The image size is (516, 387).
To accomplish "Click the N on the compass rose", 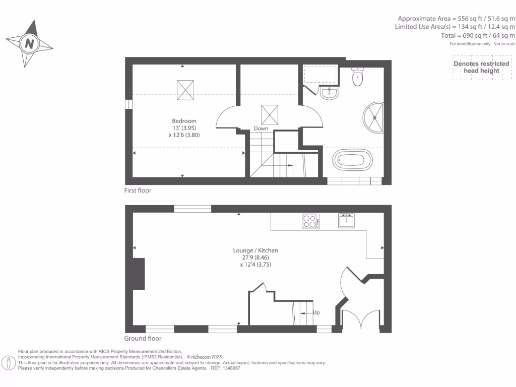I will tap(29, 44).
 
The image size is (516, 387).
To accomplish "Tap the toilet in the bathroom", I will tap(358, 77).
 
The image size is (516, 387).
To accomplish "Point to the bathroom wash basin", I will tap(329, 93).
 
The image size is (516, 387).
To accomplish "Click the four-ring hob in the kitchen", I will tap(311, 222).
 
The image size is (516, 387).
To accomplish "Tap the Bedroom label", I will tap(184, 121).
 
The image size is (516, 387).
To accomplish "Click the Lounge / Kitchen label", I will tap(255, 250).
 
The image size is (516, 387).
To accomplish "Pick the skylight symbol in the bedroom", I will tap(185, 90).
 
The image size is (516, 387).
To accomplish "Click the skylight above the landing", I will tap(269, 114).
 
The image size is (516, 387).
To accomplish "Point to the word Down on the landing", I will tap(261, 128).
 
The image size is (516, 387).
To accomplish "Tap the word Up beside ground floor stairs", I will tap(316, 312).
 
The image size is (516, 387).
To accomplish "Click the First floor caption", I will tap(138, 190).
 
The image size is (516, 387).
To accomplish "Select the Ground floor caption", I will tap(143, 339).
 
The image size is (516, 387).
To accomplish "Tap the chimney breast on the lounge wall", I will tap(139, 274).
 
